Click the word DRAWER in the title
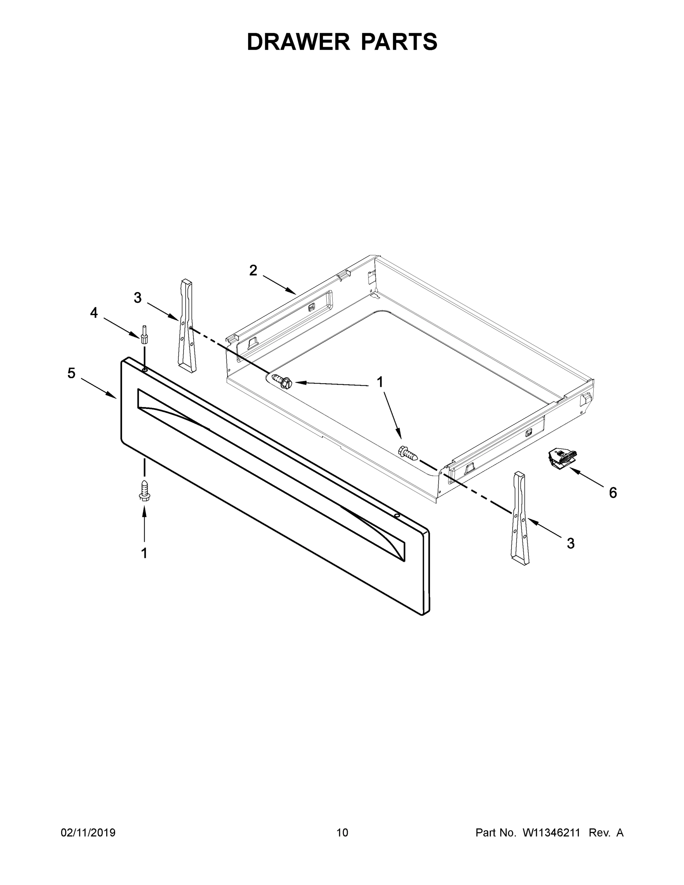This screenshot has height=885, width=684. point(298,42)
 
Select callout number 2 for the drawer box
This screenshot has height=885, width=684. point(253,270)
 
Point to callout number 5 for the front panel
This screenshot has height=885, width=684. point(71,373)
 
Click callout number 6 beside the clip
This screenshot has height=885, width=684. point(613,493)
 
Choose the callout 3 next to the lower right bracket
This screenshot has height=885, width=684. point(570,544)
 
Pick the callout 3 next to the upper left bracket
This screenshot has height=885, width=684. point(138,298)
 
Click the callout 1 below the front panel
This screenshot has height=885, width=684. point(144,553)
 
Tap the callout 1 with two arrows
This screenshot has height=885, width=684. point(380,382)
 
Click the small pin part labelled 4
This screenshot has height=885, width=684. point(143,335)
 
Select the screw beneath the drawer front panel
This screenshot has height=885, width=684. point(144,491)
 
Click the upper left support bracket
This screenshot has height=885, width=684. point(187,326)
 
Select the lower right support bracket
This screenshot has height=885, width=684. point(520,519)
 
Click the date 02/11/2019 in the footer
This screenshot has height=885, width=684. point(88,833)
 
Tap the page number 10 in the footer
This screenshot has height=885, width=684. point(342,833)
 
